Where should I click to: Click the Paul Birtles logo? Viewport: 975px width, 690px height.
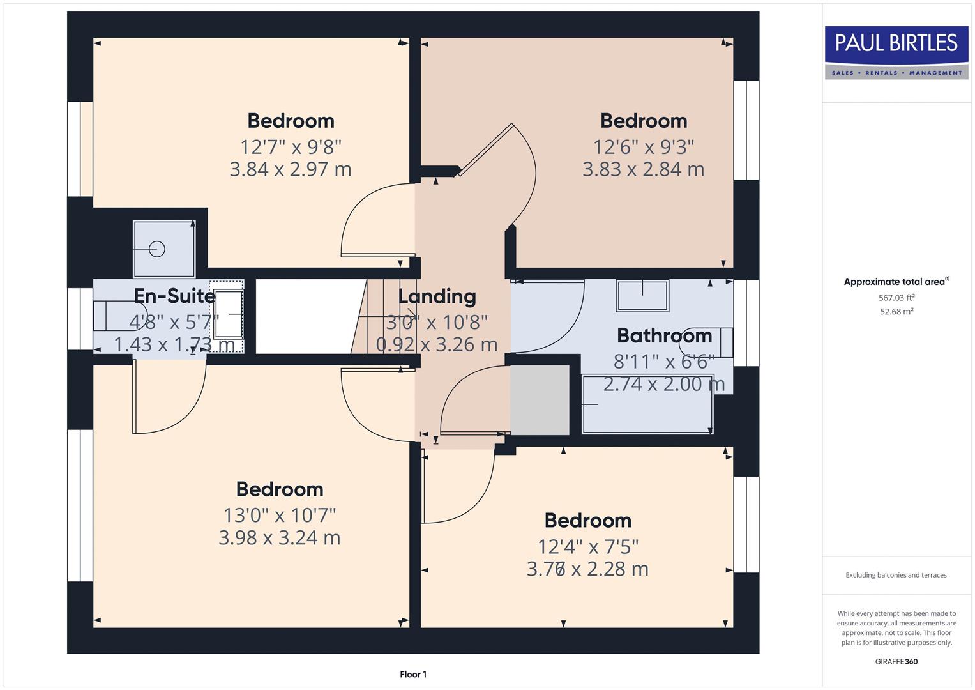click(896, 52)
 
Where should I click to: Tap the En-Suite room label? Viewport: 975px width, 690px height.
click(174, 296)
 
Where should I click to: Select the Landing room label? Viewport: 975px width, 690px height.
click(437, 296)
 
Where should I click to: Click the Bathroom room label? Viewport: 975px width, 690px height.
click(664, 335)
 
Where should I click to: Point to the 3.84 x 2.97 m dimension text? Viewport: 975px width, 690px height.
click(291, 169)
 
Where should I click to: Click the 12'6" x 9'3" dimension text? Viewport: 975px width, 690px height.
click(643, 147)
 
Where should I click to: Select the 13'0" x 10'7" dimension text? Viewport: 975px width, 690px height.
click(280, 515)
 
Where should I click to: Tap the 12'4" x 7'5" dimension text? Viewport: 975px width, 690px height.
click(588, 547)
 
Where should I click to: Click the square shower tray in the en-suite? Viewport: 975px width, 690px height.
click(163, 249)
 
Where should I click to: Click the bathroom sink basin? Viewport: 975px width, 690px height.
click(642, 296)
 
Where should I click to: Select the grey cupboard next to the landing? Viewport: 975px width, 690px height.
click(540, 400)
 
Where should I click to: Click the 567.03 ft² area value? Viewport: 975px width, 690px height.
click(896, 298)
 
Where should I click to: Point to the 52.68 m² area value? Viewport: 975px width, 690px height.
click(896, 312)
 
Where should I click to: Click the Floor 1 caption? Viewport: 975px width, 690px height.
click(413, 674)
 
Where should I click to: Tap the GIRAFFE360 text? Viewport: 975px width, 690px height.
click(896, 661)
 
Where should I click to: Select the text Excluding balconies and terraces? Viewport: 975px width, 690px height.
click(896, 575)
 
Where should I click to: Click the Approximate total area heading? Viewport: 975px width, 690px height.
click(896, 282)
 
